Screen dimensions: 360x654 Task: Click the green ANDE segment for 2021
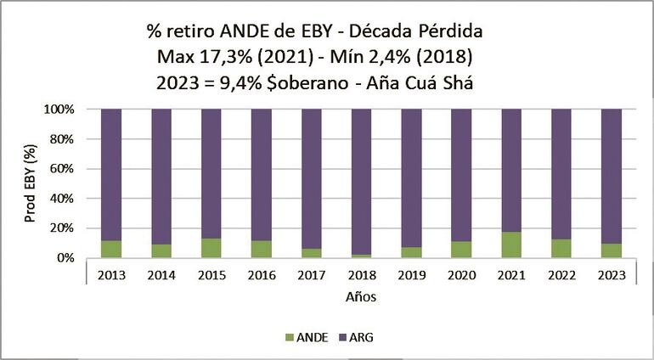click(511, 245)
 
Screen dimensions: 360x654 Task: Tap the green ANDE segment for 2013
click(111, 249)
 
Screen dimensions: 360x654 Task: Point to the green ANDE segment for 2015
click(211, 248)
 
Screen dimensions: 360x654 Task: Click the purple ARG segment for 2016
click(262, 174)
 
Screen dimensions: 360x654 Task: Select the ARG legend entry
click(361, 337)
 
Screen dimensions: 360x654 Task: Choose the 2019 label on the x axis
click(412, 275)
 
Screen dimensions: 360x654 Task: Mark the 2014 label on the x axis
click(162, 275)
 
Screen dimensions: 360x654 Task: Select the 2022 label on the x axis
click(561, 275)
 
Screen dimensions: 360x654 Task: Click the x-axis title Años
click(361, 298)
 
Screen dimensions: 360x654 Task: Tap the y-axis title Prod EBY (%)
click(31, 184)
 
